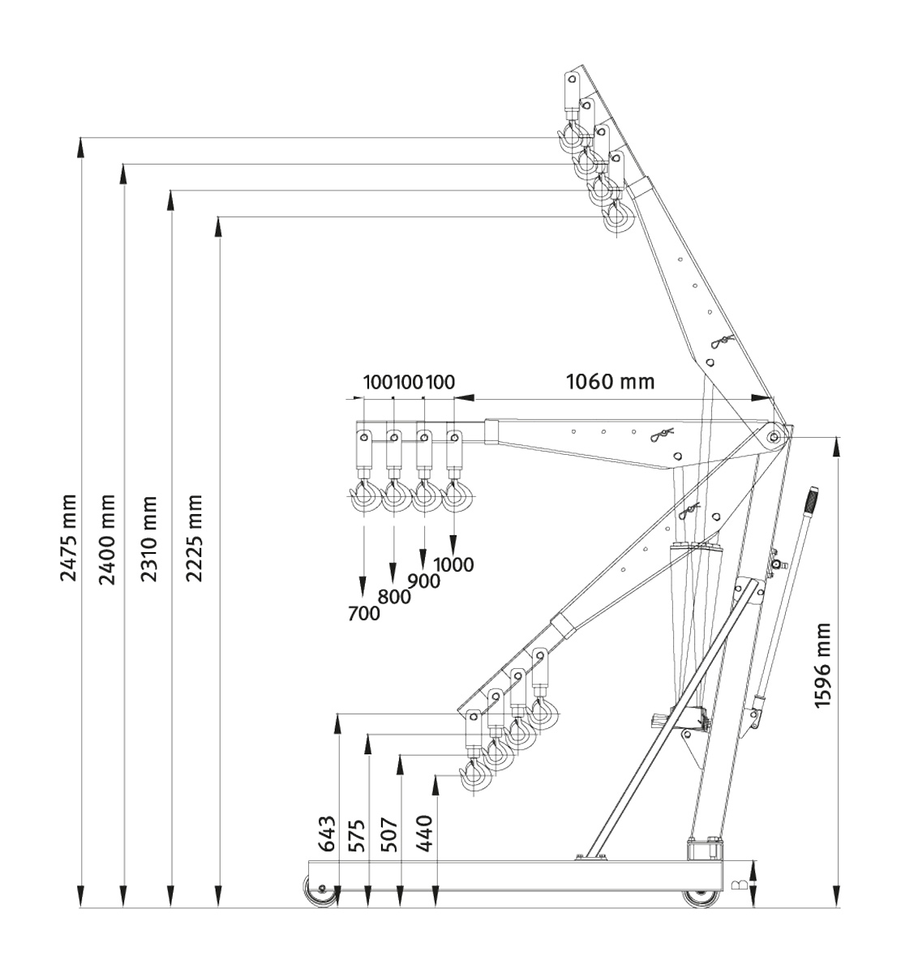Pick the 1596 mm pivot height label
click(823, 665)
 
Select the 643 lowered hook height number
click(327, 834)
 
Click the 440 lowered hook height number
click(423, 834)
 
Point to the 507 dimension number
click(391, 834)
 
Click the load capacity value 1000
click(453, 565)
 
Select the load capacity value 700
click(363, 614)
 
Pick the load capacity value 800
click(394, 598)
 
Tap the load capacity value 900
click(423, 581)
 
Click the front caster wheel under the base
click(323, 892)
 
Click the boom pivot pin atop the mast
click(774, 437)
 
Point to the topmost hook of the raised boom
click(570, 139)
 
